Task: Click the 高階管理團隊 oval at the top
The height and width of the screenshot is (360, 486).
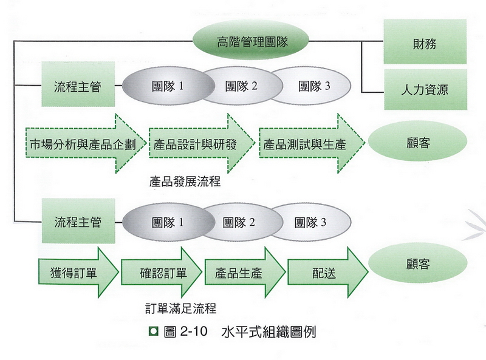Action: (252, 42)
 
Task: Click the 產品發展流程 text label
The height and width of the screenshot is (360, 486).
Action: (184, 182)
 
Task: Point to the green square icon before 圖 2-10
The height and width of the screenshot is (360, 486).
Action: (154, 332)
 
